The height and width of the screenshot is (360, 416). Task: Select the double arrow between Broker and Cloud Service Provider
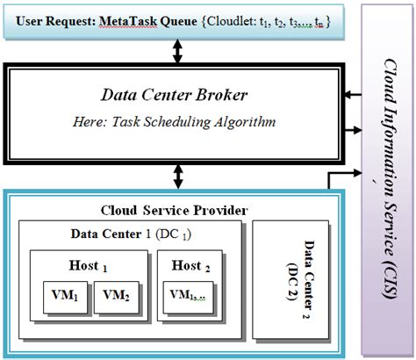179,176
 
